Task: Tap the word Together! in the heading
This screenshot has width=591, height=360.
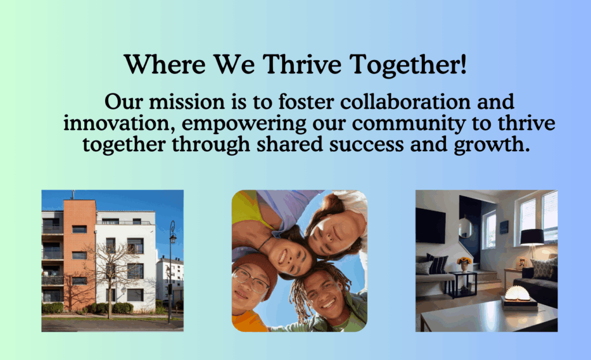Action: tap(408, 65)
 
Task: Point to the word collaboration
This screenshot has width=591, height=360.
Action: tap(405, 102)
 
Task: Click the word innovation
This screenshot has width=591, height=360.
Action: tap(119, 124)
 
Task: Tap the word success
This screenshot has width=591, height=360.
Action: tap(366, 145)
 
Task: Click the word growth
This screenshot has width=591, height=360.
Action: tap(492, 145)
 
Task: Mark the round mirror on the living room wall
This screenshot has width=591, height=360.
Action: tap(466, 227)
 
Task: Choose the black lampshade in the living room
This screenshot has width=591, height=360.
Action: tap(532, 237)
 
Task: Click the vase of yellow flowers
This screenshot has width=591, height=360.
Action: tap(465, 264)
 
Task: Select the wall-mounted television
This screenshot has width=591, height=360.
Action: tap(431, 226)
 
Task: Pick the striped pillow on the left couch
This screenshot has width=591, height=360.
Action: tap(437, 264)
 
